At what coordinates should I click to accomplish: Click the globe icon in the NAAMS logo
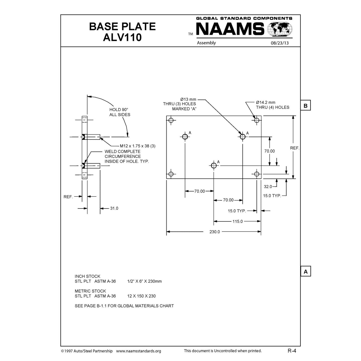(281, 29)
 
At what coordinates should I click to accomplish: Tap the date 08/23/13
(279, 43)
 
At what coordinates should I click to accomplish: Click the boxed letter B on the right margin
(306, 106)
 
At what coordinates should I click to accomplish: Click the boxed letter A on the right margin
(306, 272)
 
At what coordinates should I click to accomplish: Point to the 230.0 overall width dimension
(215, 232)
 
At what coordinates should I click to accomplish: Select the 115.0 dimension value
(237, 221)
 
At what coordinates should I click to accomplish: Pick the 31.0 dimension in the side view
(114, 208)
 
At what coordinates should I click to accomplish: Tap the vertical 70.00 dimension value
(270, 151)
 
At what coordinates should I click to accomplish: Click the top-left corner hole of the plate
(171, 120)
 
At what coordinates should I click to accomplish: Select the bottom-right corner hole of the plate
(257, 174)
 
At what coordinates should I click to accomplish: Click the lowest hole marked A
(214, 165)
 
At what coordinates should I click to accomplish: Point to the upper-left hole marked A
(185, 137)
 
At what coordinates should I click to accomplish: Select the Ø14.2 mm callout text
(266, 103)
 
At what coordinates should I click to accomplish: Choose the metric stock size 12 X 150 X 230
(141, 296)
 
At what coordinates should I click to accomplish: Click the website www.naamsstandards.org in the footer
(138, 351)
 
